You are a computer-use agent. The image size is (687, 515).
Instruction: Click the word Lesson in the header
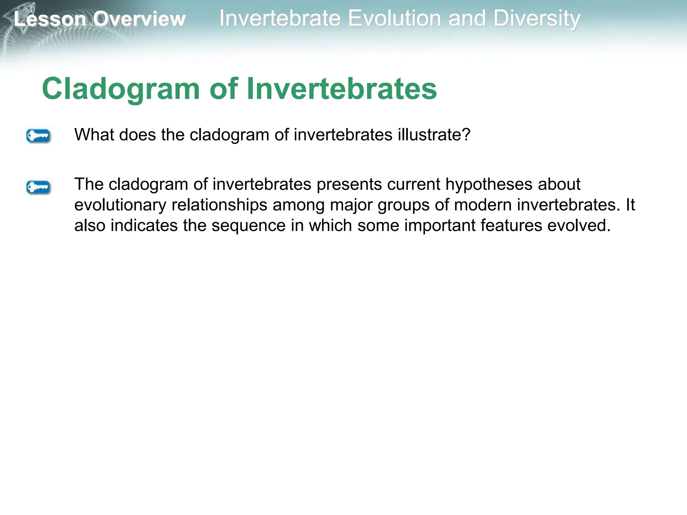coord(50,19)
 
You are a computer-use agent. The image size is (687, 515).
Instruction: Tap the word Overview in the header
coord(139,19)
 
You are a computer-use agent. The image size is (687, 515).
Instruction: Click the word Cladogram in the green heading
coord(121,89)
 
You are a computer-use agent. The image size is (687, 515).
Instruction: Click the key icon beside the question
coord(38,136)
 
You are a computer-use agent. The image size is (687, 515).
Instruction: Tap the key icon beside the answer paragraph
coord(38,187)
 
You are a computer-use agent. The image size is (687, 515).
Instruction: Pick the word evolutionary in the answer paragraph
coord(120,205)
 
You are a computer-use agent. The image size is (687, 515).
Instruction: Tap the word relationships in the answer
coord(219,205)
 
